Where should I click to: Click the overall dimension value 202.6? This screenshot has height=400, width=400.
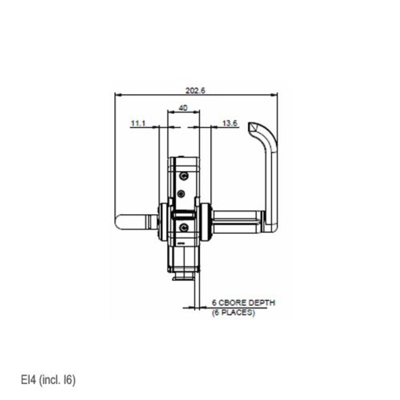(x=195, y=90)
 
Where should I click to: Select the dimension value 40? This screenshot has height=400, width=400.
(x=183, y=107)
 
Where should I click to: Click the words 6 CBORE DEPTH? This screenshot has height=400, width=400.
(x=243, y=302)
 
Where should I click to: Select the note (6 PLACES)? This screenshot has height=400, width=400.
(x=234, y=313)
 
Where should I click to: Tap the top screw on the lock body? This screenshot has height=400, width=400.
(x=183, y=176)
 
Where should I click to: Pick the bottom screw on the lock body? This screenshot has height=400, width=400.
(x=183, y=227)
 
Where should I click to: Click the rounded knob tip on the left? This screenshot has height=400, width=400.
(x=121, y=221)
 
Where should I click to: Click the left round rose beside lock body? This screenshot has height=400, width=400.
(x=163, y=222)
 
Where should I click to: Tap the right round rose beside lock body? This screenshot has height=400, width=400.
(x=205, y=222)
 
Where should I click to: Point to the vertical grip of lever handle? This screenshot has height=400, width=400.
(x=270, y=177)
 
